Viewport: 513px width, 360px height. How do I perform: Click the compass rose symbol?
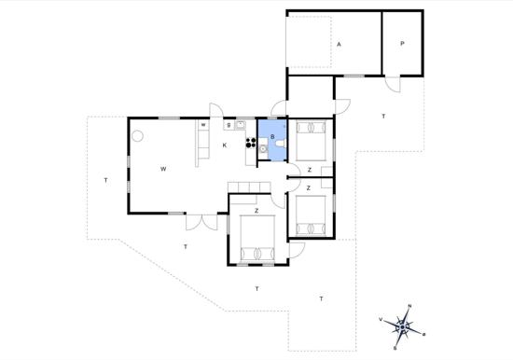click(x=402, y=326)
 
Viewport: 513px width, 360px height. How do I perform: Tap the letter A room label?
click(x=339, y=44)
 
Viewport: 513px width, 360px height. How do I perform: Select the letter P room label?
click(x=402, y=43)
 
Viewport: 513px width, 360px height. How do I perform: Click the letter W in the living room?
click(x=163, y=169)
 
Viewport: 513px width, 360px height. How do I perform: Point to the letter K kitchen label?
click(x=225, y=145)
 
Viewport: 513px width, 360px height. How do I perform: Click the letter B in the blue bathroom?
click(x=272, y=137)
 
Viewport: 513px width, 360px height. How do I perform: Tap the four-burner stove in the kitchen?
click(x=251, y=143)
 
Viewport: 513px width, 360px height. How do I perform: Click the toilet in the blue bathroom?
click(x=281, y=144)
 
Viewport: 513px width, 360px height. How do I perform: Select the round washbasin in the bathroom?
click(x=263, y=149)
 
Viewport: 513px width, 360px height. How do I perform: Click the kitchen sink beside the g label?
click(x=240, y=125)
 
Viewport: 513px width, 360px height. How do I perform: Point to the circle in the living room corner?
click(x=138, y=136)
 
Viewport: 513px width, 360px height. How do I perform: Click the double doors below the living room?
click(x=201, y=222)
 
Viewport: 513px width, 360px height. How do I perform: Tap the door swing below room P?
click(x=393, y=85)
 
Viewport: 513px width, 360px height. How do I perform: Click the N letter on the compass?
click(x=409, y=306)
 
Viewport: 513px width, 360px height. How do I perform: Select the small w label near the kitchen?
click(x=203, y=125)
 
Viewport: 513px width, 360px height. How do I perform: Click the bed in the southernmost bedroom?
click(x=257, y=238)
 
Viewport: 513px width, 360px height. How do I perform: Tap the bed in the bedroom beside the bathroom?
click(x=311, y=141)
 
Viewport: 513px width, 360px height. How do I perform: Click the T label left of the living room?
click(x=105, y=180)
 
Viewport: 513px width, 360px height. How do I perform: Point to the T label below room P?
click(x=383, y=116)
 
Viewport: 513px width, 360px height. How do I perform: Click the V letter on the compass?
click(x=381, y=319)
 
